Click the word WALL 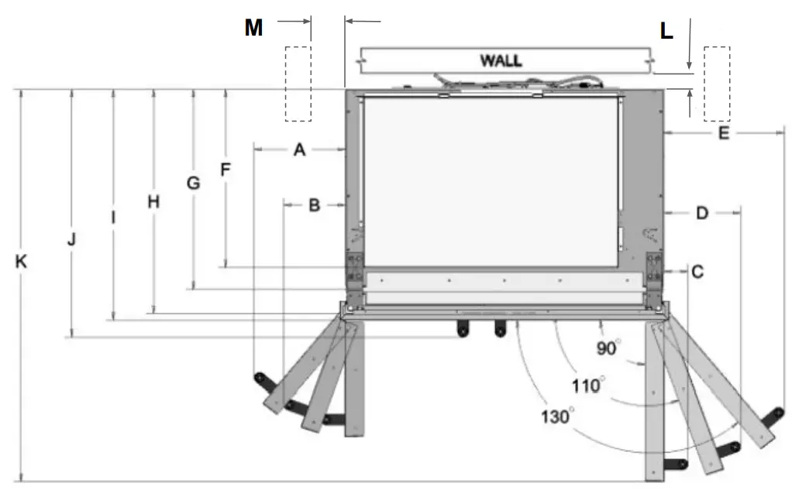501,60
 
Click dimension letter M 253,29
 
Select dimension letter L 666,32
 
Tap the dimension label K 22,262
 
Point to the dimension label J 71,239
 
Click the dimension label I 113,218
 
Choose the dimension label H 153,202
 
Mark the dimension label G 193,183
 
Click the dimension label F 226,170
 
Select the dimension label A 299,151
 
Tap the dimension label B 314,205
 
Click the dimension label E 723,134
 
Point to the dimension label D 701,213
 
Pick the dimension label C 697,272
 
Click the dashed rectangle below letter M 298,84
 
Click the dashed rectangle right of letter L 716,84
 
